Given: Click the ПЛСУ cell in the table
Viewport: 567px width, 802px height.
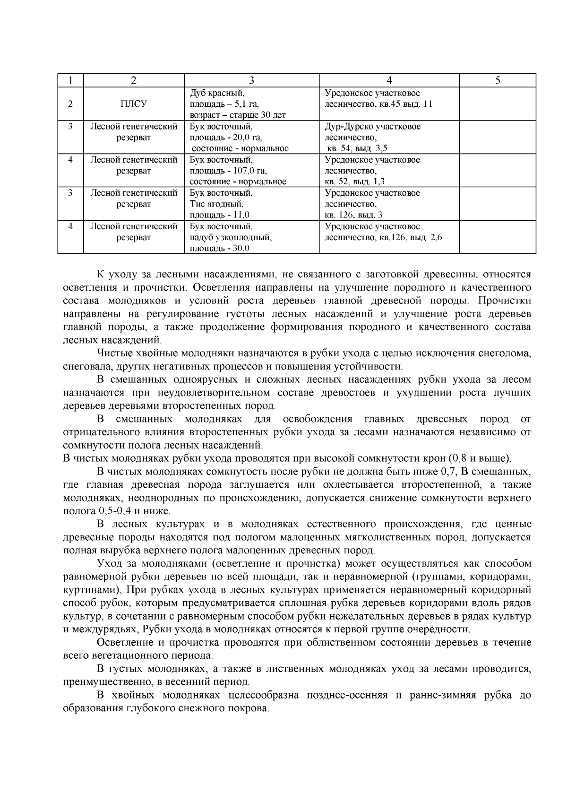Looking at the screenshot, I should [x=134, y=104].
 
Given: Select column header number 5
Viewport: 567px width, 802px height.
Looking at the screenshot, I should [x=498, y=80].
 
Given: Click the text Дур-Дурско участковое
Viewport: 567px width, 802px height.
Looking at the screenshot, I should [x=372, y=127].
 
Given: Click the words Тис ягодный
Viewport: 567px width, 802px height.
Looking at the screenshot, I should [x=216, y=204].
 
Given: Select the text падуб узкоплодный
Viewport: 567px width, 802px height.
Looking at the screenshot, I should [x=231, y=237].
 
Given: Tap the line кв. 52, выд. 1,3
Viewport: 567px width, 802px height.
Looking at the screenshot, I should [x=354, y=181].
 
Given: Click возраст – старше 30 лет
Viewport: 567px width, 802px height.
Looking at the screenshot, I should [x=238, y=115].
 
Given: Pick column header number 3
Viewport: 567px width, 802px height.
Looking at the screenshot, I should [x=251, y=80].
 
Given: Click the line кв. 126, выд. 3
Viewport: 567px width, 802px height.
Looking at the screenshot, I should [x=353, y=215].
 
